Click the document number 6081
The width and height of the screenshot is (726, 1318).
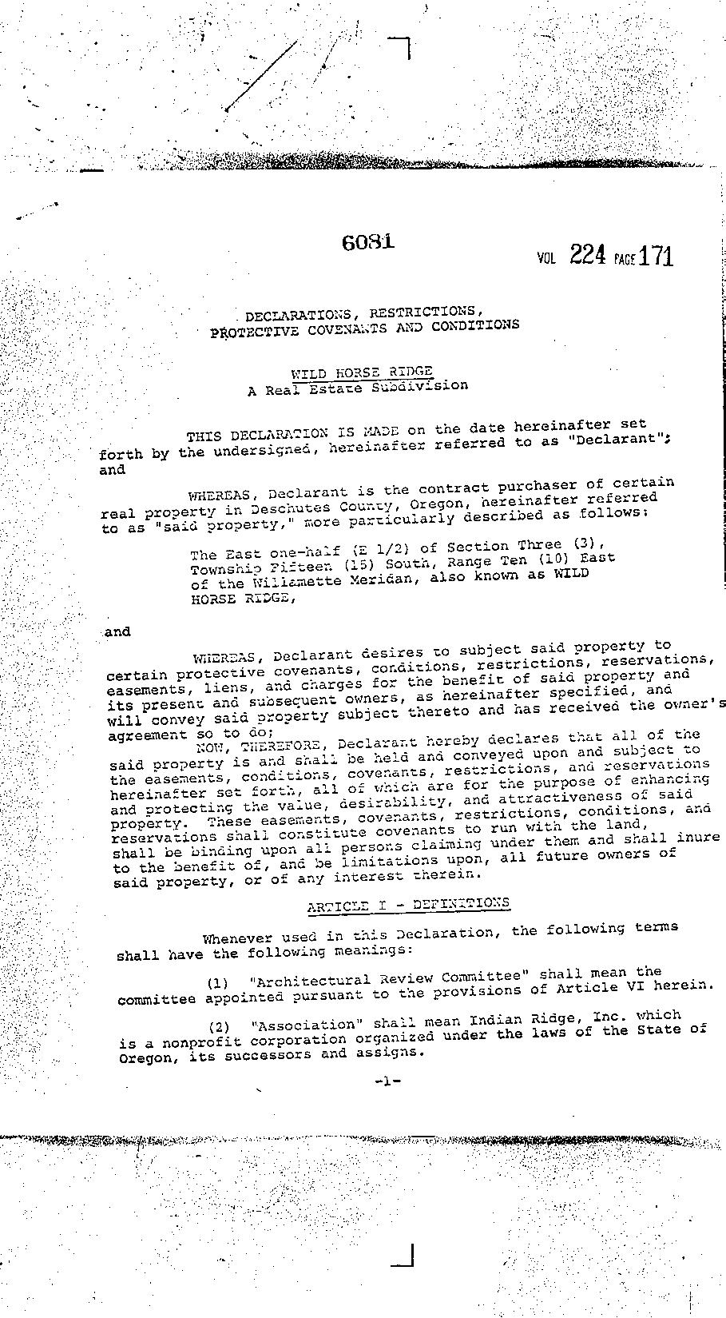[367, 241]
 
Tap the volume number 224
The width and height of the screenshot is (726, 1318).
[588, 255]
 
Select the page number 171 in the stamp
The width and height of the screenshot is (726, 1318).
[656, 256]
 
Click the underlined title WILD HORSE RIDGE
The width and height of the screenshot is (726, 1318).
[362, 372]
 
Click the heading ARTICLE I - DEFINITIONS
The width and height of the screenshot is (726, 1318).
[408, 904]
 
